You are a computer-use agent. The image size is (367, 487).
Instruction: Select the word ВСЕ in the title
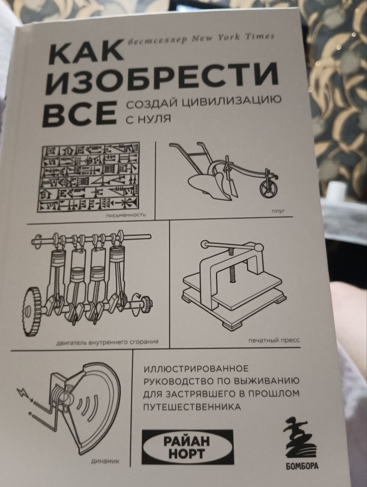click(79, 113)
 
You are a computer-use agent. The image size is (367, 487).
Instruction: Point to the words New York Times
click(233, 38)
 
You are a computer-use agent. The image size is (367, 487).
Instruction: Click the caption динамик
click(105, 460)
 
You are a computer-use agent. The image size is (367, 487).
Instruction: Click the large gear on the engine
click(33, 312)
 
